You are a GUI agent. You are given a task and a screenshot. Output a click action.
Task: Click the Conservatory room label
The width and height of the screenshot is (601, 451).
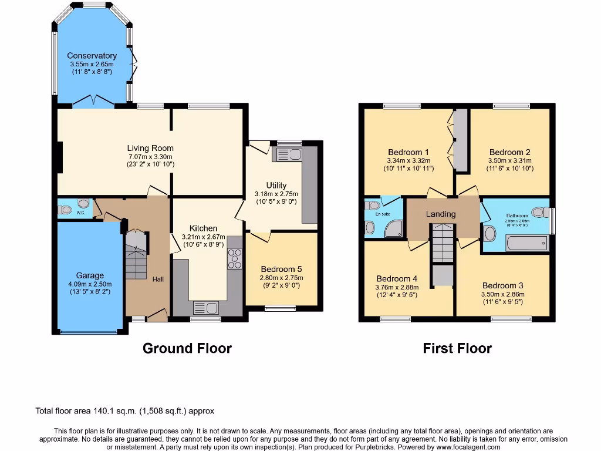point(92,56)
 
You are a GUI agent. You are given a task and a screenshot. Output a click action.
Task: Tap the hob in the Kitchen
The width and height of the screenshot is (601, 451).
point(235,258)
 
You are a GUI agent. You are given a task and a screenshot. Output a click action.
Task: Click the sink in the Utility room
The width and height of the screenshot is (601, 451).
point(287,154)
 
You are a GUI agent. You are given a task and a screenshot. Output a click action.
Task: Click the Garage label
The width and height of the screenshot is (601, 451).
point(90,275)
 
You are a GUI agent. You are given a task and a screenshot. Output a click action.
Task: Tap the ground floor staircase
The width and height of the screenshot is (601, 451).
point(136,256)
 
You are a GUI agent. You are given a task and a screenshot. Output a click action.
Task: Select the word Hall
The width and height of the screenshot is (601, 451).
point(158,280)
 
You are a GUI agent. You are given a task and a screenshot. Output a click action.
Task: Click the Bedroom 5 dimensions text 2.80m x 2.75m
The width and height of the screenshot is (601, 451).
point(281,278)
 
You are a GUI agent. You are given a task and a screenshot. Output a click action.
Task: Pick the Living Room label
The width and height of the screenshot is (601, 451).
point(150,149)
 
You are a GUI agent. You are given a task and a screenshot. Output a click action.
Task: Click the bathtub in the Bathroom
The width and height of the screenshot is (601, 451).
point(526,243)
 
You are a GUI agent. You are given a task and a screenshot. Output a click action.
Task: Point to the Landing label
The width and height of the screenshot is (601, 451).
point(441,214)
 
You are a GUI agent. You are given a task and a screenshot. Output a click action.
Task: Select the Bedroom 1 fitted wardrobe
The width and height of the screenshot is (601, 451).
point(461,141)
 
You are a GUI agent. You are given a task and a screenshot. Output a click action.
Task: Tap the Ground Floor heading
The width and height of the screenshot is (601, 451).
point(187,348)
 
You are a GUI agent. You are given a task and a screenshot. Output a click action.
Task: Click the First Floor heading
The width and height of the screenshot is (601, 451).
point(457,348)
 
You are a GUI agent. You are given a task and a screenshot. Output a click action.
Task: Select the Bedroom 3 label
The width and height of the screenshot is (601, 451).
point(502,285)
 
